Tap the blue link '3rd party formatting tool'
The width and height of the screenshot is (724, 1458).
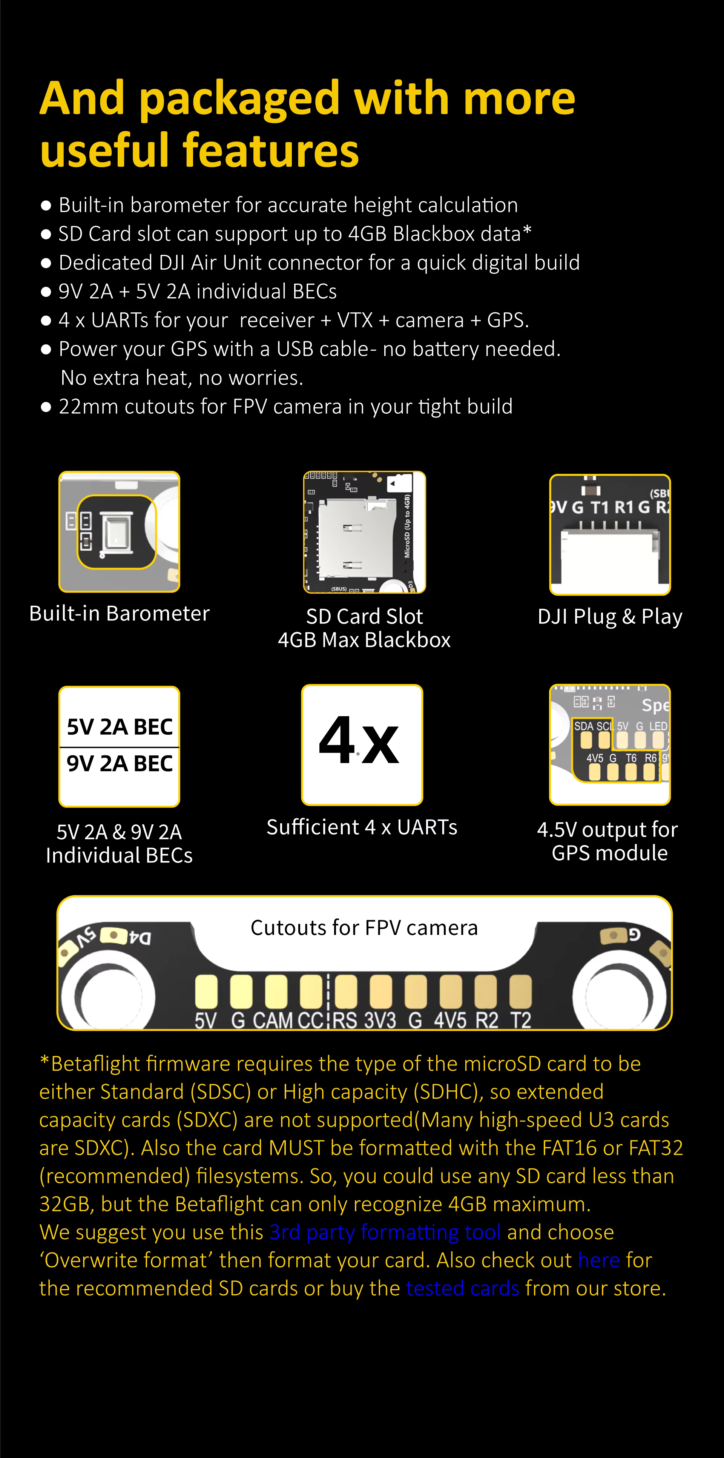385,1232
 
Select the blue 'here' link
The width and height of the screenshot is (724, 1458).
599,1260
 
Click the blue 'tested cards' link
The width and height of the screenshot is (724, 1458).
462,1288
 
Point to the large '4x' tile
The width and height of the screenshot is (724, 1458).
362,744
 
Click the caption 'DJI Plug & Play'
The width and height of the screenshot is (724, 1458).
610,616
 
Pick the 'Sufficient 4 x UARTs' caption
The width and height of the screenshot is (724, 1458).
362,827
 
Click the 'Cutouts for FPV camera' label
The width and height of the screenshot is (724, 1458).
364,928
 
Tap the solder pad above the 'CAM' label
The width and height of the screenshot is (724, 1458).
276,991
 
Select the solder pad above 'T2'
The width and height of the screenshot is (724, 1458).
520,991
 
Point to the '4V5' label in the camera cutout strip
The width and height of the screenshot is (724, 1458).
450,1020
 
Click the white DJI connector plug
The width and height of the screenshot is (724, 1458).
610,557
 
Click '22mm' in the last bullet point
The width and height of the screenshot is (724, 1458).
88,407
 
